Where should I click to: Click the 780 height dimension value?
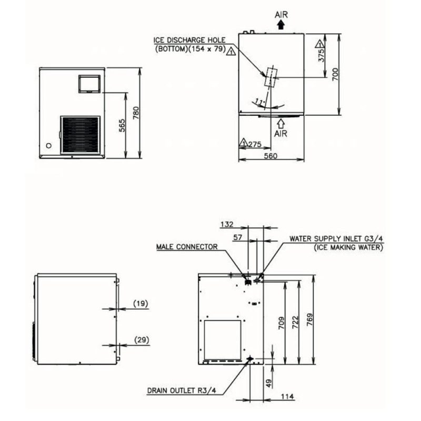point(136,113)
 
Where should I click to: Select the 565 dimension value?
point(122,125)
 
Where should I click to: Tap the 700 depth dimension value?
point(335,74)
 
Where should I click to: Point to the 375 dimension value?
point(322,55)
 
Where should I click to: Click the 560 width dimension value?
point(270,156)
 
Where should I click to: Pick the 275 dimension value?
point(255,144)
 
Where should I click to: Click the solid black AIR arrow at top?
point(281,25)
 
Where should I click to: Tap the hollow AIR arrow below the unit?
point(281,124)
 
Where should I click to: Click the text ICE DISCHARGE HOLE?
point(189,41)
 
